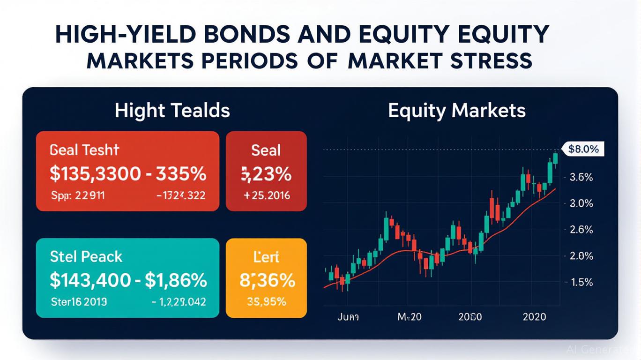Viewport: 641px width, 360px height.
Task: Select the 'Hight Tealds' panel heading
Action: (172, 111)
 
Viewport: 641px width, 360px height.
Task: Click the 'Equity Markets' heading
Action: (456, 111)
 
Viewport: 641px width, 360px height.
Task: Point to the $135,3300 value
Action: (95, 174)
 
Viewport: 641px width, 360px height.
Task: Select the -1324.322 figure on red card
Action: (180, 195)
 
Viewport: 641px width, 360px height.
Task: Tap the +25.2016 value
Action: (267, 195)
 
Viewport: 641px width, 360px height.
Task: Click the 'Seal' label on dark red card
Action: (266, 150)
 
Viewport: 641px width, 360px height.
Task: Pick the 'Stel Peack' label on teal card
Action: (86, 257)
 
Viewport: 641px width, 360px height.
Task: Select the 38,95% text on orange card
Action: (266, 302)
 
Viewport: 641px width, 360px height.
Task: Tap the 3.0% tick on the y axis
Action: (581, 204)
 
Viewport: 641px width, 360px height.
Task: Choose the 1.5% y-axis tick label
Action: (581, 282)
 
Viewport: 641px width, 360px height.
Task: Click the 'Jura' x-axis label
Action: (348, 317)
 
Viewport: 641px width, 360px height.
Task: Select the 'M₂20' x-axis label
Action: (409, 317)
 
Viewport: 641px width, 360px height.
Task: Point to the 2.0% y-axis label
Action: (581, 256)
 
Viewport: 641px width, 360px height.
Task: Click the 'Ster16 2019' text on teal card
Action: (78, 302)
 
